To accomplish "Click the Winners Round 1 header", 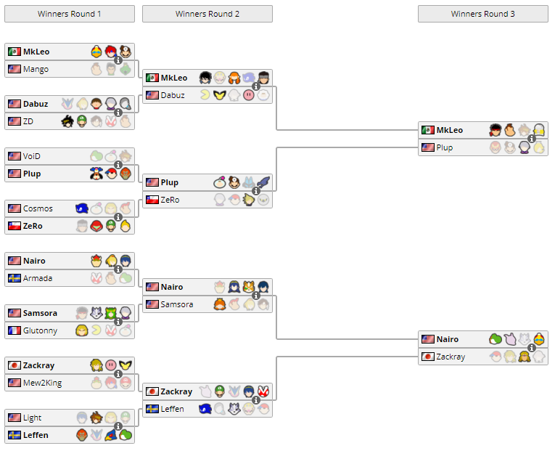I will [70, 14].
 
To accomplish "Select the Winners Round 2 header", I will [207, 14].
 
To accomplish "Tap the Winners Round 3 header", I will [483, 14].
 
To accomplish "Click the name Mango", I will [36, 69].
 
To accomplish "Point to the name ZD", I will [28, 121].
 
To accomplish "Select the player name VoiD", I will [32, 156].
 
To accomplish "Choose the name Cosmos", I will [38, 208].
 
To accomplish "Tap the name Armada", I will [38, 278].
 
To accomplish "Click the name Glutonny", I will [41, 330].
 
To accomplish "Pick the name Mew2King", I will [42, 383].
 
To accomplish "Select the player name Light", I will [32, 418].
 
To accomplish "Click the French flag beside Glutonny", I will [14, 330].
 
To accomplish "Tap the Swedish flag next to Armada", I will [14, 278].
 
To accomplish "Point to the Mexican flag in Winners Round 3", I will [427, 130].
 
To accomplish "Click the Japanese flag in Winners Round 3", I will [427, 357].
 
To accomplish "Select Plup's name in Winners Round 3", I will [445, 147].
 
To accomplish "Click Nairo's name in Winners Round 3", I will [448, 339].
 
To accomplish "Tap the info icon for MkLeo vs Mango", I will [118, 60].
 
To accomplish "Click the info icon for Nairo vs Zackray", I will [532, 348].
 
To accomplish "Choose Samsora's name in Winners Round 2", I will [177, 304].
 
